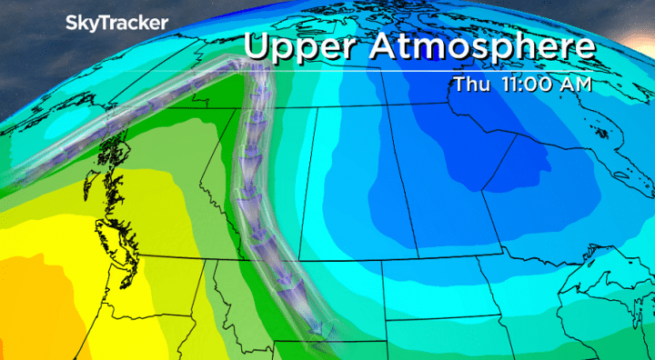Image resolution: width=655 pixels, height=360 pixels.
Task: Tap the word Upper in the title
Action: click(303, 48)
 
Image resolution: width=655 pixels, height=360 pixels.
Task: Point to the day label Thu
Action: click(470, 85)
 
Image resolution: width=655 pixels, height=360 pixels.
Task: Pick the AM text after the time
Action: click(578, 85)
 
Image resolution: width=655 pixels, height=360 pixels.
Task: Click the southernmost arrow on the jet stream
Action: click(317, 336)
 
